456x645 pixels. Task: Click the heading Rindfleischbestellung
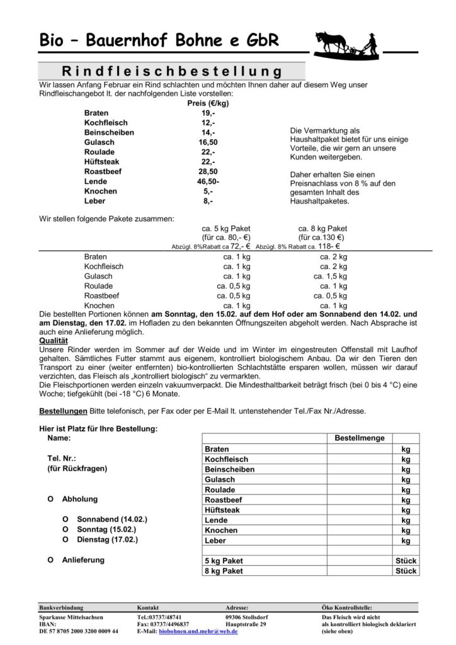pyautogui.click(x=171, y=70)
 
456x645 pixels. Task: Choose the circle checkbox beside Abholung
pyautogui.click(x=50, y=499)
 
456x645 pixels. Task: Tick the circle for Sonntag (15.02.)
pyautogui.click(x=65, y=530)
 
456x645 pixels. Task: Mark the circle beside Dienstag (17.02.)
pyautogui.click(x=65, y=540)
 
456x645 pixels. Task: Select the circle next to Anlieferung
pyautogui.click(x=50, y=559)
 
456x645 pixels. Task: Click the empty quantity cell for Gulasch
pyautogui.click(x=360, y=479)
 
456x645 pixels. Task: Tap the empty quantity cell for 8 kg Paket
pyautogui.click(x=360, y=571)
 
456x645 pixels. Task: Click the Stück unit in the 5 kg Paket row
pyautogui.click(x=406, y=561)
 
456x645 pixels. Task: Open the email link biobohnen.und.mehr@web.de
pyautogui.click(x=198, y=631)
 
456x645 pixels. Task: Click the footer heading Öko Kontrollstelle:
pyautogui.click(x=350, y=607)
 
